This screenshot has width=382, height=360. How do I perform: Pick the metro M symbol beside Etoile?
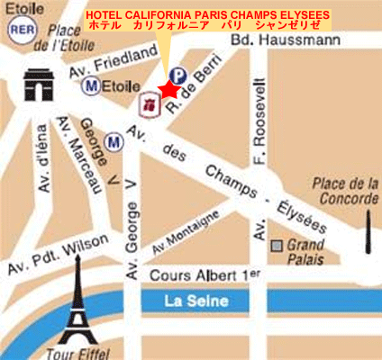(90, 85)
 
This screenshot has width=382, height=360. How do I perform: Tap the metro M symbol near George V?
(114, 141)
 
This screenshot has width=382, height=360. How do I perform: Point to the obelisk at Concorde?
(368, 231)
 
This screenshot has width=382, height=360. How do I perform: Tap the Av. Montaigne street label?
(186, 231)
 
